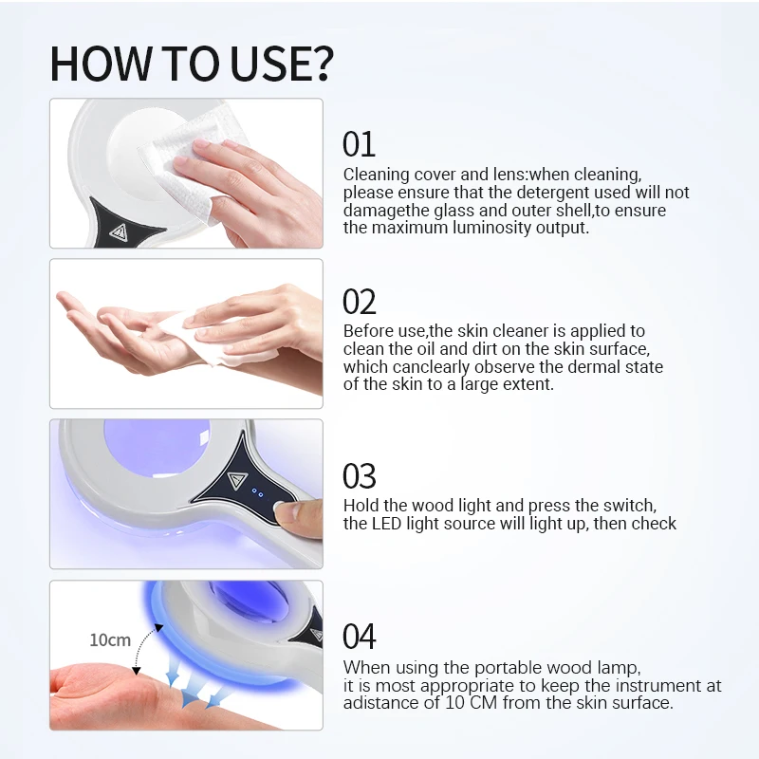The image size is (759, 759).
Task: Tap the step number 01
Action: click(x=359, y=144)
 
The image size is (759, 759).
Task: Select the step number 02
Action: click(x=360, y=302)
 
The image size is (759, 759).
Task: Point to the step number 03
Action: click(x=360, y=475)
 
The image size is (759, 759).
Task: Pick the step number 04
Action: click(x=360, y=637)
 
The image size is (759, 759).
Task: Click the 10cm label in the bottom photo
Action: click(x=110, y=639)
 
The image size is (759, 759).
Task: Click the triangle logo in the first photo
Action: click(x=120, y=231)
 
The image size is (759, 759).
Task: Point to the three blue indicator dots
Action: click(x=256, y=492)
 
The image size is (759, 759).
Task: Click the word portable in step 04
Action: click(x=488, y=667)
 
